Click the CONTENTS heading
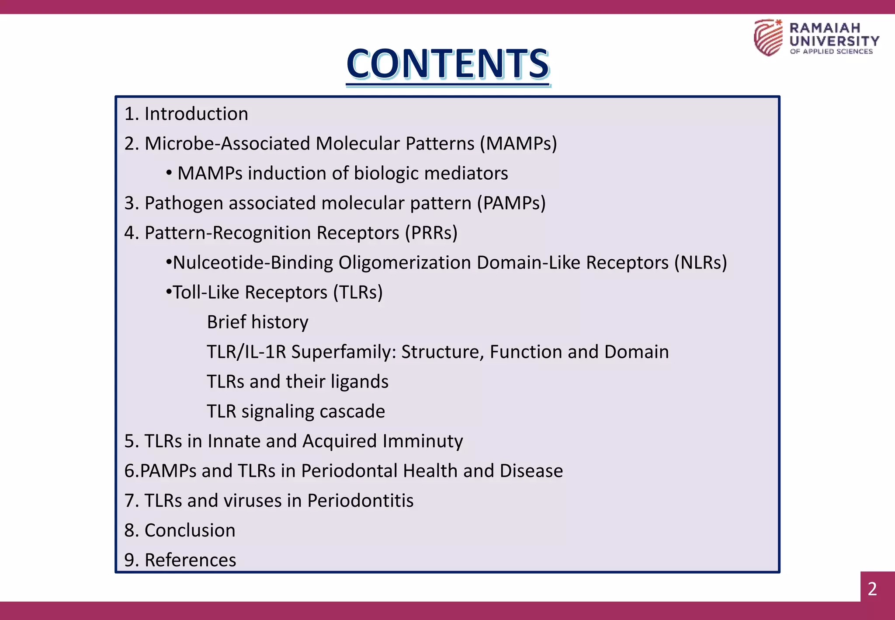[x=448, y=64]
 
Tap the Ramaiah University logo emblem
[x=768, y=38]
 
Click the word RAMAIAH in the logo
[x=825, y=28]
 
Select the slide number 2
[x=872, y=589]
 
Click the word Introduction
[x=196, y=114]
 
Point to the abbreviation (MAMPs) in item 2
[x=518, y=144]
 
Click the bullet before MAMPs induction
[x=169, y=174]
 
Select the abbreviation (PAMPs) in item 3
[x=511, y=203]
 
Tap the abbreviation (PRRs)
[x=431, y=233]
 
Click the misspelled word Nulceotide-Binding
[x=253, y=263]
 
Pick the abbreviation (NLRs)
[x=701, y=263]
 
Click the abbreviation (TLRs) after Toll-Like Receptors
[x=357, y=293]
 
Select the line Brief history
[x=257, y=322]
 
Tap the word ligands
[x=359, y=382]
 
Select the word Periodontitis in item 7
[x=360, y=501]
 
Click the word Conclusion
[x=190, y=530]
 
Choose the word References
[x=190, y=560]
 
